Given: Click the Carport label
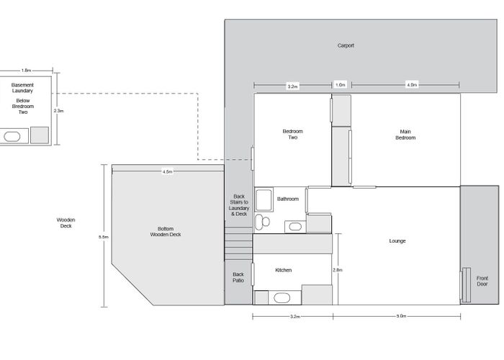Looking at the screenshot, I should [x=346, y=45].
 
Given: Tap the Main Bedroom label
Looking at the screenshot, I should [x=405, y=134].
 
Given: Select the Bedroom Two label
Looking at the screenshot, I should [x=292, y=134].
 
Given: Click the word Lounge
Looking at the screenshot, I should [x=397, y=240].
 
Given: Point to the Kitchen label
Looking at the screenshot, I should [x=284, y=270].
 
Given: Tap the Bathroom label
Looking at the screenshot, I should [x=288, y=199].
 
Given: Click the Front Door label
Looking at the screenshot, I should [x=482, y=281].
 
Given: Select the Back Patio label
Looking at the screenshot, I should [x=238, y=277].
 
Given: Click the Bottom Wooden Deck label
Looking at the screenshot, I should [x=166, y=231].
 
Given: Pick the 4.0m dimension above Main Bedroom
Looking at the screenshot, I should [x=412, y=85].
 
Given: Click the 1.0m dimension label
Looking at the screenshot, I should [x=341, y=85].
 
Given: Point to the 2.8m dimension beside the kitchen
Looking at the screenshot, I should [x=338, y=270].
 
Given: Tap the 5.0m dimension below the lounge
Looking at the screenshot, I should [x=401, y=316].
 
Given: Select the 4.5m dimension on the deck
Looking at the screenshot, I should [x=167, y=172].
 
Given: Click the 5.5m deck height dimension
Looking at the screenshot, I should [x=104, y=236].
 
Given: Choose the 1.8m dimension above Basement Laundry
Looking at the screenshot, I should [x=27, y=71].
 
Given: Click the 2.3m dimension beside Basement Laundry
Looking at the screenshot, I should [x=60, y=111].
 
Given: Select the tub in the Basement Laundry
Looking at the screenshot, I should [x=12, y=135].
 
